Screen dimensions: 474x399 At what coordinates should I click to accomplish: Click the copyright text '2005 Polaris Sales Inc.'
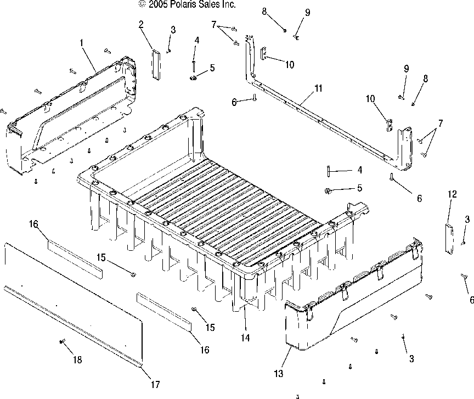[x=191, y=4]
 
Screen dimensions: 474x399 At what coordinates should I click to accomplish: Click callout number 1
[x=81, y=43]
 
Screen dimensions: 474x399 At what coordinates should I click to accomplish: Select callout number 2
[x=141, y=24]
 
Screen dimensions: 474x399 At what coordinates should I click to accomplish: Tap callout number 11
[x=318, y=88]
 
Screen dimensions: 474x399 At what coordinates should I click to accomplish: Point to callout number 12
[x=452, y=194]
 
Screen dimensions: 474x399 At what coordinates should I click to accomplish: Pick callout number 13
[x=278, y=374]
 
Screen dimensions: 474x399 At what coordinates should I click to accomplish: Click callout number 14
[x=245, y=338]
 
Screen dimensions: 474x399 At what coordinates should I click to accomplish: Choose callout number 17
[x=155, y=385]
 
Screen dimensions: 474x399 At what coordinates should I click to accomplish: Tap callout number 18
[x=77, y=359]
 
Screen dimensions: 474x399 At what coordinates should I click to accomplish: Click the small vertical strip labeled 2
[x=156, y=65]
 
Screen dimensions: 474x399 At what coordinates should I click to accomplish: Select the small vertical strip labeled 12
[x=449, y=239]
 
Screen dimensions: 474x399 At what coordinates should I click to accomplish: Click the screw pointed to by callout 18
[x=61, y=341]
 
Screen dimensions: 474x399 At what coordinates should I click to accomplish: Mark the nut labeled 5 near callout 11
[x=328, y=191]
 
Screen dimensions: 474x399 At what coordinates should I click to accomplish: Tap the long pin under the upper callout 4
[x=194, y=66]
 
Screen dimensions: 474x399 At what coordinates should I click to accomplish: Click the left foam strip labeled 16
[x=75, y=258]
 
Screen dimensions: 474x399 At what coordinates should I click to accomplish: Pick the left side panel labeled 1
[x=71, y=115]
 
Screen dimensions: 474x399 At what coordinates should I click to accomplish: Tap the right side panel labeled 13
[x=354, y=294]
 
